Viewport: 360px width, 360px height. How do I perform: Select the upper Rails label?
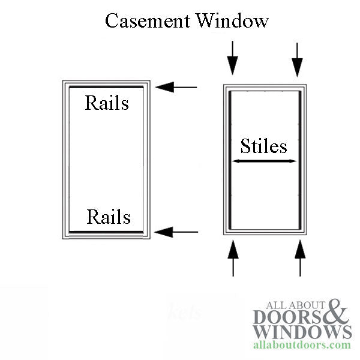pos(107,103)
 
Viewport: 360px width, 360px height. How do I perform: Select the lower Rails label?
pos(109,216)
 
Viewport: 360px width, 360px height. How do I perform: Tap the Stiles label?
pos(263,146)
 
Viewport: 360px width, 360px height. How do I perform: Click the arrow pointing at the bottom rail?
pos(176,231)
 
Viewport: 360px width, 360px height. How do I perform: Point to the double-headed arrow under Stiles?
pos(265,161)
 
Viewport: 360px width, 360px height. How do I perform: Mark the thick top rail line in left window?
pos(106,88)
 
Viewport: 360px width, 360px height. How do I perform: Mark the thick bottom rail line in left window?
pos(106,232)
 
